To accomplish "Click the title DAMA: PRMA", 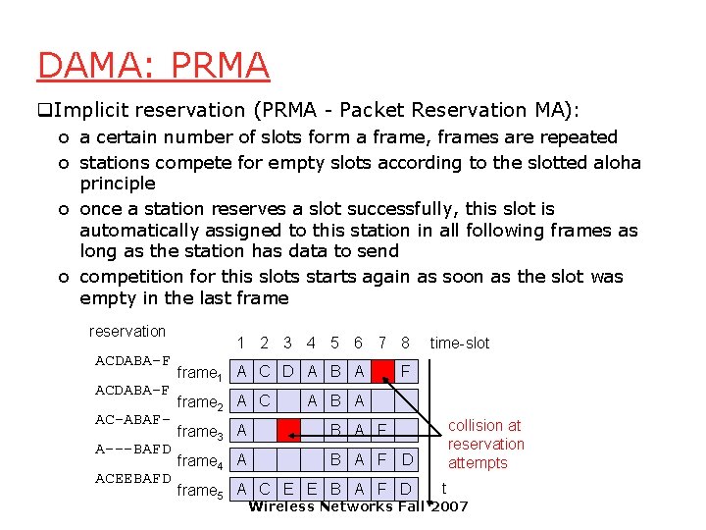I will (x=153, y=65).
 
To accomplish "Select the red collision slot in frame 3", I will (x=288, y=429).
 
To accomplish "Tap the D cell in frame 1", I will (x=288, y=372).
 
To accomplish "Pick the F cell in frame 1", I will (x=407, y=372).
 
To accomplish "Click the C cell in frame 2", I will (x=265, y=400).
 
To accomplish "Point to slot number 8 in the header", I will (x=405, y=343).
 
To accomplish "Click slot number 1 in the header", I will (x=241, y=343).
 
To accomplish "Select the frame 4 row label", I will (x=201, y=460).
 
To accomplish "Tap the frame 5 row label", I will (x=201, y=490).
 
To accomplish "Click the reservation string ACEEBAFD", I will (x=133, y=479).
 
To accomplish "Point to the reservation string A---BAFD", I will (x=133, y=450).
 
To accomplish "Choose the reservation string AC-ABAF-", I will (x=133, y=420).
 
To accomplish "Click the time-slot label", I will (x=459, y=343).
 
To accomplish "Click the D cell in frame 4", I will (x=407, y=458).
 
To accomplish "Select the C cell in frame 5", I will (x=265, y=488).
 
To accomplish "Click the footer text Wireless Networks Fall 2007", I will (x=358, y=506).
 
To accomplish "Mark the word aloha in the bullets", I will (x=616, y=162).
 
